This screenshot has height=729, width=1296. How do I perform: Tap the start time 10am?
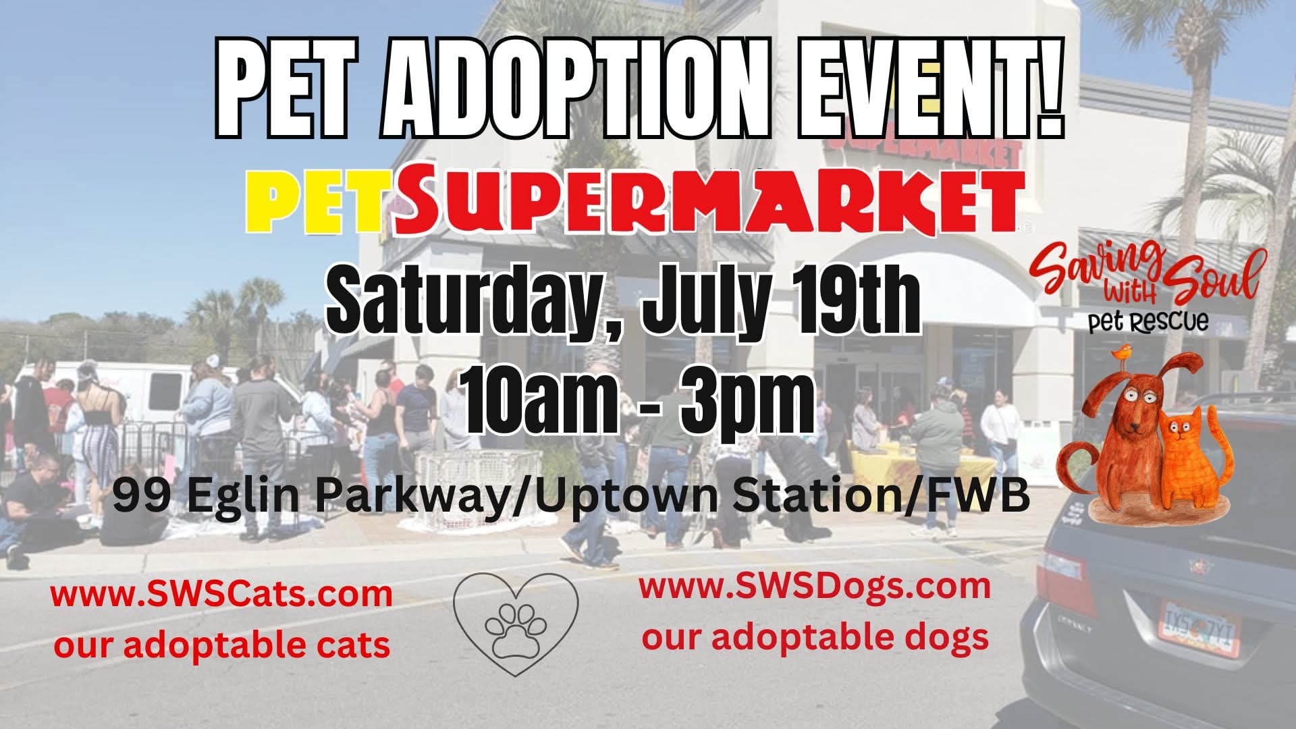click(x=541, y=401)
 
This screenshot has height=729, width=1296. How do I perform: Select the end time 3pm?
click(x=746, y=402)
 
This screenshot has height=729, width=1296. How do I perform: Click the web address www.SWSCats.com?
click(x=221, y=595)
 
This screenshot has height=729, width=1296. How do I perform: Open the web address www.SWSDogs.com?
click(x=815, y=587)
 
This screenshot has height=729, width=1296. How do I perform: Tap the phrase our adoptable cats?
click(x=222, y=645)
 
